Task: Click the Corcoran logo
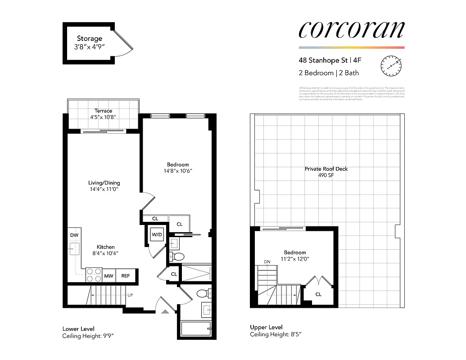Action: tap(351, 29)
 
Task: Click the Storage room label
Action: tap(89, 39)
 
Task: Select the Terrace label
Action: tap(103, 111)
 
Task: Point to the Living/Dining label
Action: tap(104, 183)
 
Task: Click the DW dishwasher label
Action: tap(74, 235)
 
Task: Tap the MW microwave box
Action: tap(109, 276)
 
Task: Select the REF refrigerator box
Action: tap(126, 276)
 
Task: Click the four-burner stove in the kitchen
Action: tap(95, 275)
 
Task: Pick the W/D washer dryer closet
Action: tap(157, 234)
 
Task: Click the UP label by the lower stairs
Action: tap(131, 295)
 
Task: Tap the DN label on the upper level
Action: tap(267, 262)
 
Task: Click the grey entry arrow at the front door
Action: tap(165, 310)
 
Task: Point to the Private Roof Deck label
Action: tap(326, 169)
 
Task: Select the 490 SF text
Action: tap(326, 175)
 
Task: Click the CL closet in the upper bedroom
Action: tap(318, 294)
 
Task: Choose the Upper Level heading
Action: tap(266, 327)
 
